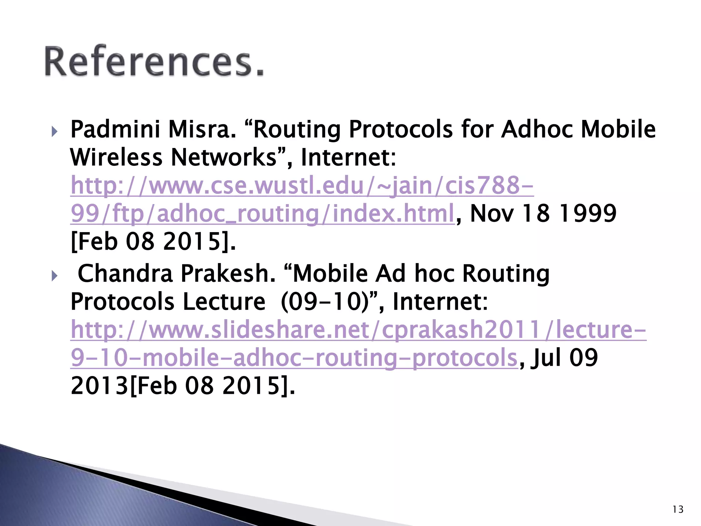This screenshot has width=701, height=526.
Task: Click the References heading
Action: click(x=154, y=62)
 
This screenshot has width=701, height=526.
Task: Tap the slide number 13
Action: click(x=678, y=510)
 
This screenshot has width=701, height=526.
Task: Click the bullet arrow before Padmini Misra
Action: click(x=54, y=131)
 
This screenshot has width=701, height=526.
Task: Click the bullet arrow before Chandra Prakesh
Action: click(x=54, y=275)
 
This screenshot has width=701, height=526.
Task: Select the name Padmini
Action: click(x=115, y=130)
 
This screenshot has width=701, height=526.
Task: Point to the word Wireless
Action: click(x=116, y=158)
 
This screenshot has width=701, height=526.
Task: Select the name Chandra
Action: click(x=125, y=274)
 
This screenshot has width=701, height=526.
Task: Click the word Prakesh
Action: click(x=228, y=274)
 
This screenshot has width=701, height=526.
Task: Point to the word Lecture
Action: click(x=224, y=302)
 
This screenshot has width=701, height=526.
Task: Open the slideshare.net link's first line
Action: click(x=358, y=330)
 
